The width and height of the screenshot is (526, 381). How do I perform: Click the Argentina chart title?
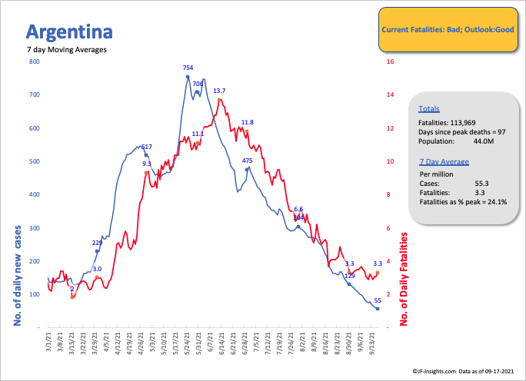69,32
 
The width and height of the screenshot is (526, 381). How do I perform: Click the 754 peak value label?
188,68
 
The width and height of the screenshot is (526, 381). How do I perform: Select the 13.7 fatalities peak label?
219,91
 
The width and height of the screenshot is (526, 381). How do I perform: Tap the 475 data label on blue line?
248,161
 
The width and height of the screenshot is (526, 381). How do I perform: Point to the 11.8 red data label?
247,122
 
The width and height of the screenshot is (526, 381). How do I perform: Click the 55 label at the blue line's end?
378,300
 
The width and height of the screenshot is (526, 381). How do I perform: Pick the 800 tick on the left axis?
34,61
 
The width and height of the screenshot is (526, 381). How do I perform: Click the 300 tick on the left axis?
34,228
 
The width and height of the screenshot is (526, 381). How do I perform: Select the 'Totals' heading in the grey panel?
429,109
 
